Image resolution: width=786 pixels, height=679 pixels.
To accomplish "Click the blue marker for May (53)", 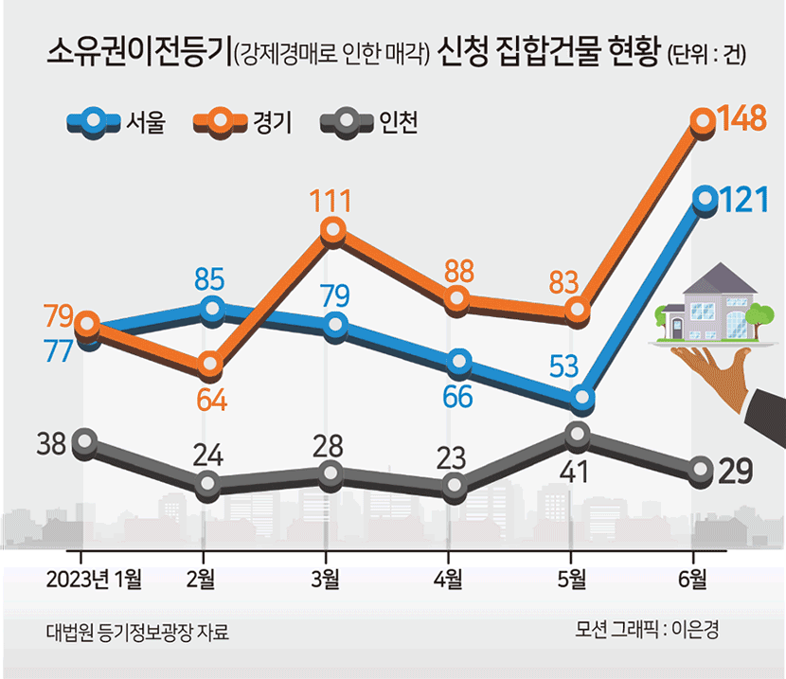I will [x=581, y=400].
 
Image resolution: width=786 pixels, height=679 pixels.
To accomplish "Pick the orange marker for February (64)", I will [x=211, y=365].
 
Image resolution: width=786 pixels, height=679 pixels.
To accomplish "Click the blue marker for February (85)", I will [x=211, y=309].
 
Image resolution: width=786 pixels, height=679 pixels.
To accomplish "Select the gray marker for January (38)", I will [x=85, y=441].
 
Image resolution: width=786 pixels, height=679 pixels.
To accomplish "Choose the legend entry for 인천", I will [x=368, y=122].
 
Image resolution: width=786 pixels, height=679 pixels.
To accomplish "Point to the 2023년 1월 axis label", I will [x=95, y=577].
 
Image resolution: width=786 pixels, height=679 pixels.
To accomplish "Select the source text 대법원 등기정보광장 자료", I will [x=136, y=631].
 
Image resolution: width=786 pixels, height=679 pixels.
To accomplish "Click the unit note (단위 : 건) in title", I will [x=706, y=54].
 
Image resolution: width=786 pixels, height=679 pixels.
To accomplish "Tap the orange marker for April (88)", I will [x=456, y=298].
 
